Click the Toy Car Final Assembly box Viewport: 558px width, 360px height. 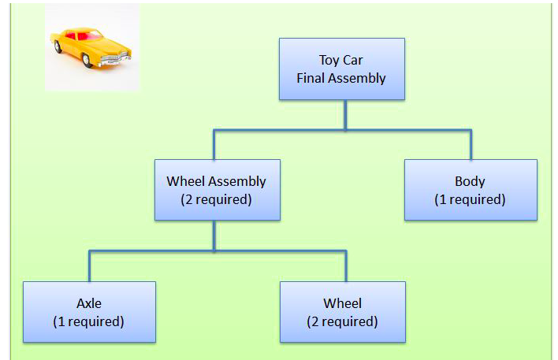(x=342, y=69)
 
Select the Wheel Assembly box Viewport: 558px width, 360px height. (x=216, y=189)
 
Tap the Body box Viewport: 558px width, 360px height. (x=471, y=189)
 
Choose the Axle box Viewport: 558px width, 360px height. (x=89, y=311)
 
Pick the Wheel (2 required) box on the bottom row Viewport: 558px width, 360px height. (x=342, y=311)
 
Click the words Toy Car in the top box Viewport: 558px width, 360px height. (x=342, y=60)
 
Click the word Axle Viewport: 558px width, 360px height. (x=89, y=303)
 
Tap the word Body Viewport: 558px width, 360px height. (x=471, y=181)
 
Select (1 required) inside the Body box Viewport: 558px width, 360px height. (x=471, y=199)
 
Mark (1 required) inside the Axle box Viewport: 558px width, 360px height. (x=89, y=321)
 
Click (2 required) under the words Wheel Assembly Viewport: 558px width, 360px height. (x=216, y=199)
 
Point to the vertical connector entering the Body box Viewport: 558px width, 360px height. (x=471, y=145)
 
